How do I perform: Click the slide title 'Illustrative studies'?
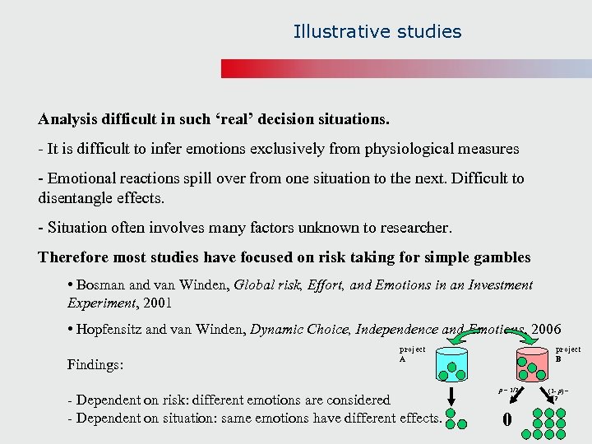pyautogui.click(x=377, y=32)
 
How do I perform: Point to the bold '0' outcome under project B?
pyautogui.click(x=507, y=420)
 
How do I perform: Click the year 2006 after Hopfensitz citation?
pyautogui.click(x=546, y=329)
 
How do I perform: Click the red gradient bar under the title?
pyautogui.click(x=406, y=69)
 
